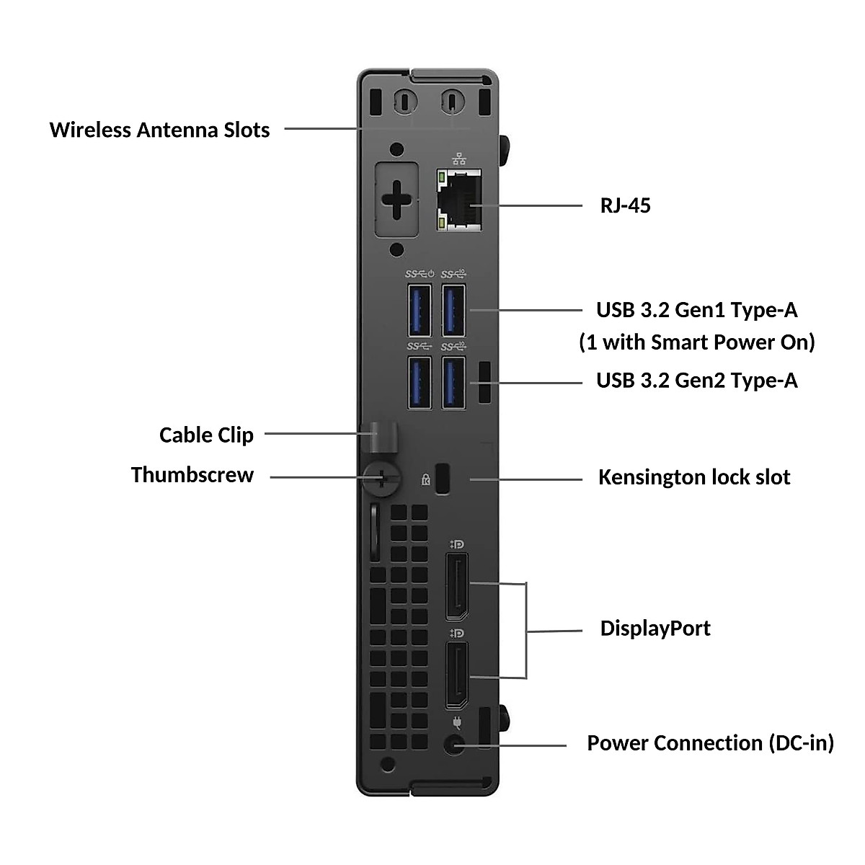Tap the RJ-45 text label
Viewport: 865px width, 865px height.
point(625,205)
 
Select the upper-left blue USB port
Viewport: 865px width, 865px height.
point(420,310)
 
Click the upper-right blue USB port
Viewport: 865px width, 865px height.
point(453,310)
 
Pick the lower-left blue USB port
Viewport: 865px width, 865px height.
point(420,383)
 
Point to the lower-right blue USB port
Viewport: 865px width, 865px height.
point(453,383)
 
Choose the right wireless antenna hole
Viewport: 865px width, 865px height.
point(452,100)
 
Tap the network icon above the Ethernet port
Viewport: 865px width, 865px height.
point(458,159)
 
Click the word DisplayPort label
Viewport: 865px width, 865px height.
point(655,628)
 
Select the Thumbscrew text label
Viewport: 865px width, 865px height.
point(192,475)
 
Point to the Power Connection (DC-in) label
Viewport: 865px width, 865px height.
point(710,743)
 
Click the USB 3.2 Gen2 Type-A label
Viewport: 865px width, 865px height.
point(696,380)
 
